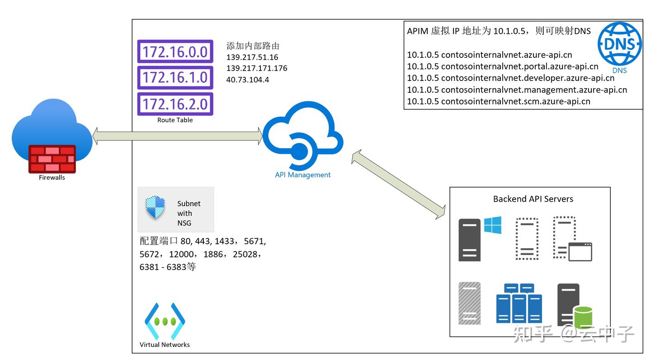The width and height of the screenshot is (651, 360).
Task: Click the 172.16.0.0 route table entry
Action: coord(175,52)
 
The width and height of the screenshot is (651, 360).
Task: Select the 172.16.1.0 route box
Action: coord(175,78)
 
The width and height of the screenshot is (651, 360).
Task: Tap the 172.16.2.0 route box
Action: coord(175,104)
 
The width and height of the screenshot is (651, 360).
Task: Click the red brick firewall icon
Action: coord(52,159)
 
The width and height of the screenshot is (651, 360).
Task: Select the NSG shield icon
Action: coord(155,208)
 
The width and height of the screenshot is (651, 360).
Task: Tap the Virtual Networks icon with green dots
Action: coord(165,322)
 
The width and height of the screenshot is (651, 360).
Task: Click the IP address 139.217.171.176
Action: coord(257,68)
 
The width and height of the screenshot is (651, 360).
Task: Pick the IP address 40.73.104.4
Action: coord(248,80)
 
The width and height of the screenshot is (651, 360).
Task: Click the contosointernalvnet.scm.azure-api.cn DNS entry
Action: coord(499,101)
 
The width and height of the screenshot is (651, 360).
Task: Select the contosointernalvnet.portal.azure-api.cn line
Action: coord(503,66)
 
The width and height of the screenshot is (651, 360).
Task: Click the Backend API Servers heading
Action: coord(533,199)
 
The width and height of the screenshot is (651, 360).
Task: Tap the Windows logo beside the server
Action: coord(492,225)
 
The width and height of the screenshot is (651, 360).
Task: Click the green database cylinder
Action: coord(583,317)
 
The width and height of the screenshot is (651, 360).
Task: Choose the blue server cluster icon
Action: coord(519,303)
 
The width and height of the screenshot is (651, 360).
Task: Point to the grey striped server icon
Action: coord(469,303)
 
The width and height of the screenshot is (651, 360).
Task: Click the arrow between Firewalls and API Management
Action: coord(178,136)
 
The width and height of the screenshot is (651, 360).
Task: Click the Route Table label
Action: coord(175,120)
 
